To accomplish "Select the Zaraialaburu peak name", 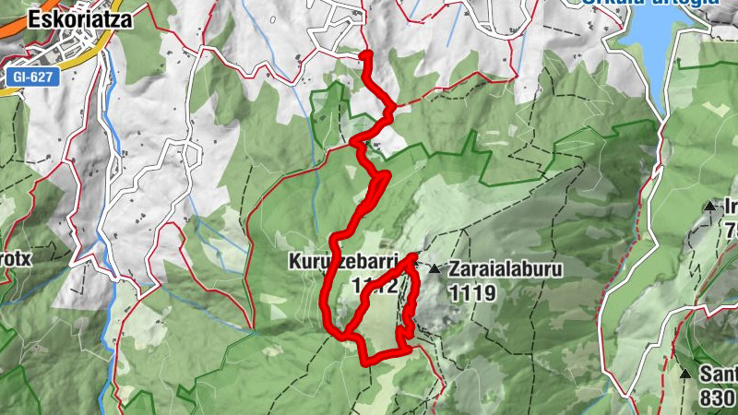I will pyautogui.click(x=506, y=270).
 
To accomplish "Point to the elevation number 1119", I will pyautogui.click(x=473, y=293).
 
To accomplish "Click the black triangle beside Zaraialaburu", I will pyautogui.click(x=434, y=269).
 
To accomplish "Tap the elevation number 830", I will pyautogui.click(x=715, y=397).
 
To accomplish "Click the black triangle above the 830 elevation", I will pyautogui.click(x=685, y=374).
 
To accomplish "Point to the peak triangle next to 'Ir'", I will pyautogui.click(x=708, y=207).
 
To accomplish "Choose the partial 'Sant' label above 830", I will pyautogui.click(x=717, y=373).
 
